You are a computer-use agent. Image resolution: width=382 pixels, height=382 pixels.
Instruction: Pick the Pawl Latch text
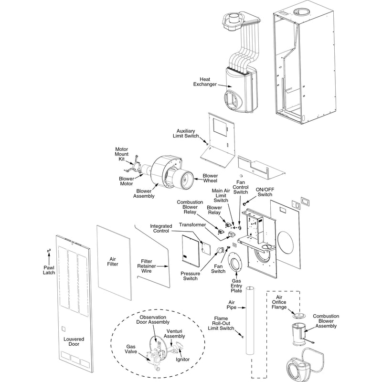coord(48,269)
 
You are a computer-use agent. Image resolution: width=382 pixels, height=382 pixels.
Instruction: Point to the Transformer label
coord(192,224)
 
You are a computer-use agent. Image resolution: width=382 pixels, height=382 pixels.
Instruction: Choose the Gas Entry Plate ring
coord(236,265)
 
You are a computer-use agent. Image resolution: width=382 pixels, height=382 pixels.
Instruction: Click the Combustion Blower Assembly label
coord(326,321)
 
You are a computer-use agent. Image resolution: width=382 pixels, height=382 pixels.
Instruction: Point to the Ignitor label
coord(183,359)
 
